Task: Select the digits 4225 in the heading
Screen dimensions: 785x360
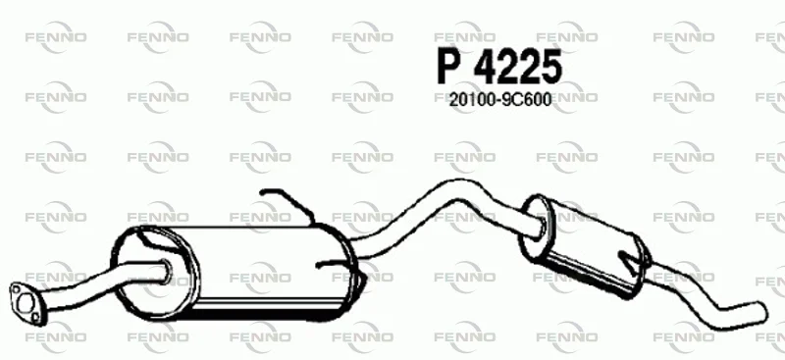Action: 517,67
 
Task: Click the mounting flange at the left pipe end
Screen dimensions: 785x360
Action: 24,302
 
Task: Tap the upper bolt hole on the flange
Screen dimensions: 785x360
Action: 16,289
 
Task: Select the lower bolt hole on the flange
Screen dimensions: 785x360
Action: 34,317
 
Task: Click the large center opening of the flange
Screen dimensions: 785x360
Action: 25,303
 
